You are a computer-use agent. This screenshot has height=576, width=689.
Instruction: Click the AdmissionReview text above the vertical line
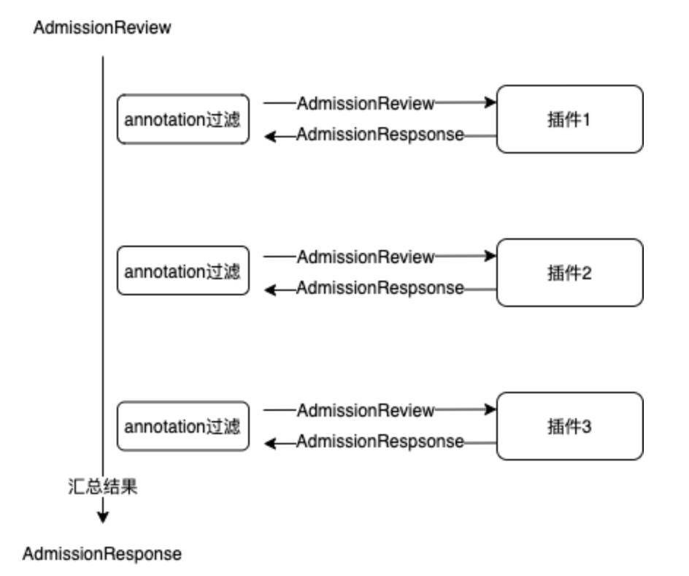(x=102, y=29)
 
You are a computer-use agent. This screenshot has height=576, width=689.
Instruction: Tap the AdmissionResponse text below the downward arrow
(x=102, y=554)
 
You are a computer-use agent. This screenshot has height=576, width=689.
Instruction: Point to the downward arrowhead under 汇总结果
(x=103, y=517)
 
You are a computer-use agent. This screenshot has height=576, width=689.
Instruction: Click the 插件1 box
(x=569, y=119)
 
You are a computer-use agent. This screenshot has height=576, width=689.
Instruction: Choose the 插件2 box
(x=569, y=273)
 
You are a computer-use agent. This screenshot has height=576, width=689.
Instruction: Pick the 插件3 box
(x=569, y=426)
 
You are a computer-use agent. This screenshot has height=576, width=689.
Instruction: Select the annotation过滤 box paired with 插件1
(x=182, y=119)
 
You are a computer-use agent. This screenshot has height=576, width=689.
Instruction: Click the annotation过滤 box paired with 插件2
(x=182, y=271)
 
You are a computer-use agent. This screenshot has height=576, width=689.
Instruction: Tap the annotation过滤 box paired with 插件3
(x=182, y=426)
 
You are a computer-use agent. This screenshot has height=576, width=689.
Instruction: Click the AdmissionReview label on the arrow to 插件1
(x=366, y=103)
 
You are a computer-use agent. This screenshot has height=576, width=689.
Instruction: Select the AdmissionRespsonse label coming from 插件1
(x=380, y=135)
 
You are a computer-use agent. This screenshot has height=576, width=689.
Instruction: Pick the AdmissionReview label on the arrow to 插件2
(x=366, y=257)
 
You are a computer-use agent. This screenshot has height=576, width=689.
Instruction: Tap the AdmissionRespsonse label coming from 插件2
(x=380, y=289)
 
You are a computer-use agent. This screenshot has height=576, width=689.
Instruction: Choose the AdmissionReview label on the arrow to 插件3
(x=366, y=410)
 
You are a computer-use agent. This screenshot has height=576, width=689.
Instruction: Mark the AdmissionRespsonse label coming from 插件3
(x=380, y=442)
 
